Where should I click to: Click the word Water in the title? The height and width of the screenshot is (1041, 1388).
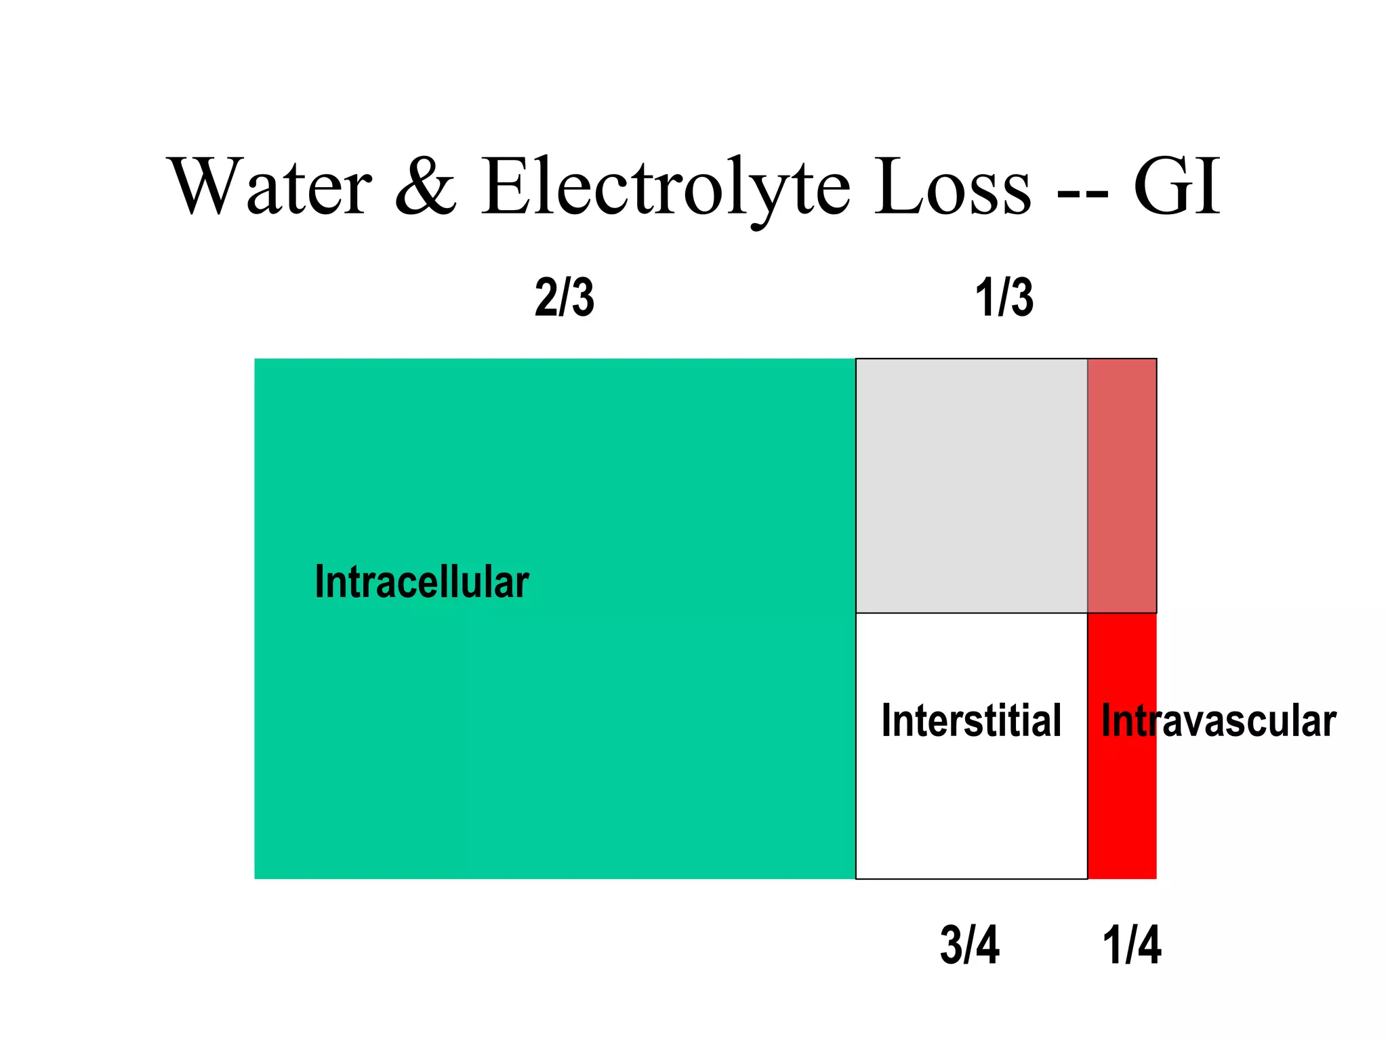tap(271, 186)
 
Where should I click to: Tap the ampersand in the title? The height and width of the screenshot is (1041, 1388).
tap(426, 186)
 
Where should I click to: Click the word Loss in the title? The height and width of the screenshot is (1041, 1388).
tap(952, 186)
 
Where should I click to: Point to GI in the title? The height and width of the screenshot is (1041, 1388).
tap(1177, 186)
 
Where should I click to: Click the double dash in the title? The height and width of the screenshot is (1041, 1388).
tap(1082, 193)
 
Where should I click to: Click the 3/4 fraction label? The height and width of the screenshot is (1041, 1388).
tap(969, 945)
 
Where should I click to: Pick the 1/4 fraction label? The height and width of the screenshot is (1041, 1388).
tap(1132, 945)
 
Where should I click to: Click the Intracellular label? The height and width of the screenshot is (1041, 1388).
tap(422, 582)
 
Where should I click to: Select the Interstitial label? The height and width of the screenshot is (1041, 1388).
tap(971, 720)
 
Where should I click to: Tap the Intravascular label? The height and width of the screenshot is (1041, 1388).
tap(1219, 720)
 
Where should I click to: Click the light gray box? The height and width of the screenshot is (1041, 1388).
tap(971, 485)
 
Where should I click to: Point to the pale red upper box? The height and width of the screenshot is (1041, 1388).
tap(1122, 485)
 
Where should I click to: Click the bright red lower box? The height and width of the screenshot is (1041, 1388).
tap(1122, 813)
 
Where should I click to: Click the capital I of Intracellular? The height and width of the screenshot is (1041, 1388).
tap(319, 582)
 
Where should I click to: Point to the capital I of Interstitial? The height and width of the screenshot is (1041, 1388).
tap(886, 720)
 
